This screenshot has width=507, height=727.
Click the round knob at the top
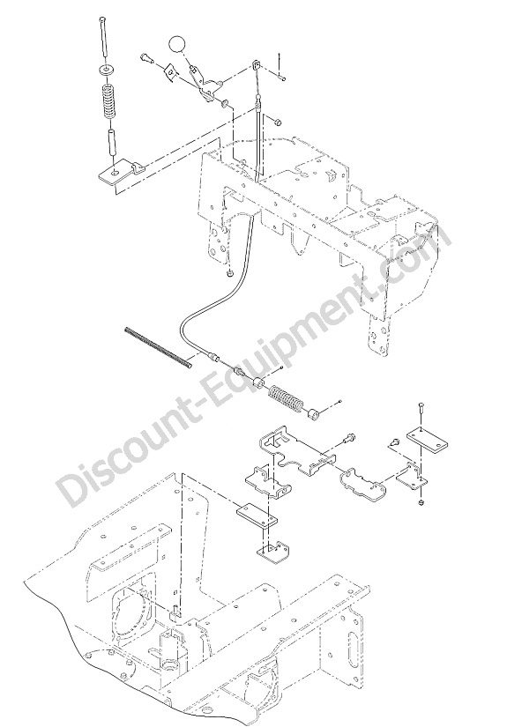point(176,44)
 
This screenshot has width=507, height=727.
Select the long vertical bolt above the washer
point(105,39)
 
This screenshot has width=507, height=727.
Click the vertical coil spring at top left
point(108,100)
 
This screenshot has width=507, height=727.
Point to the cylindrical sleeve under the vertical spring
point(112,144)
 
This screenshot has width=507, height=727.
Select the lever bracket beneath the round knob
point(205,84)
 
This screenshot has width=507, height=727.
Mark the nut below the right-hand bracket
point(421,502)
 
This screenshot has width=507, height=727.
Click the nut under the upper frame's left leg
point(229,275)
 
